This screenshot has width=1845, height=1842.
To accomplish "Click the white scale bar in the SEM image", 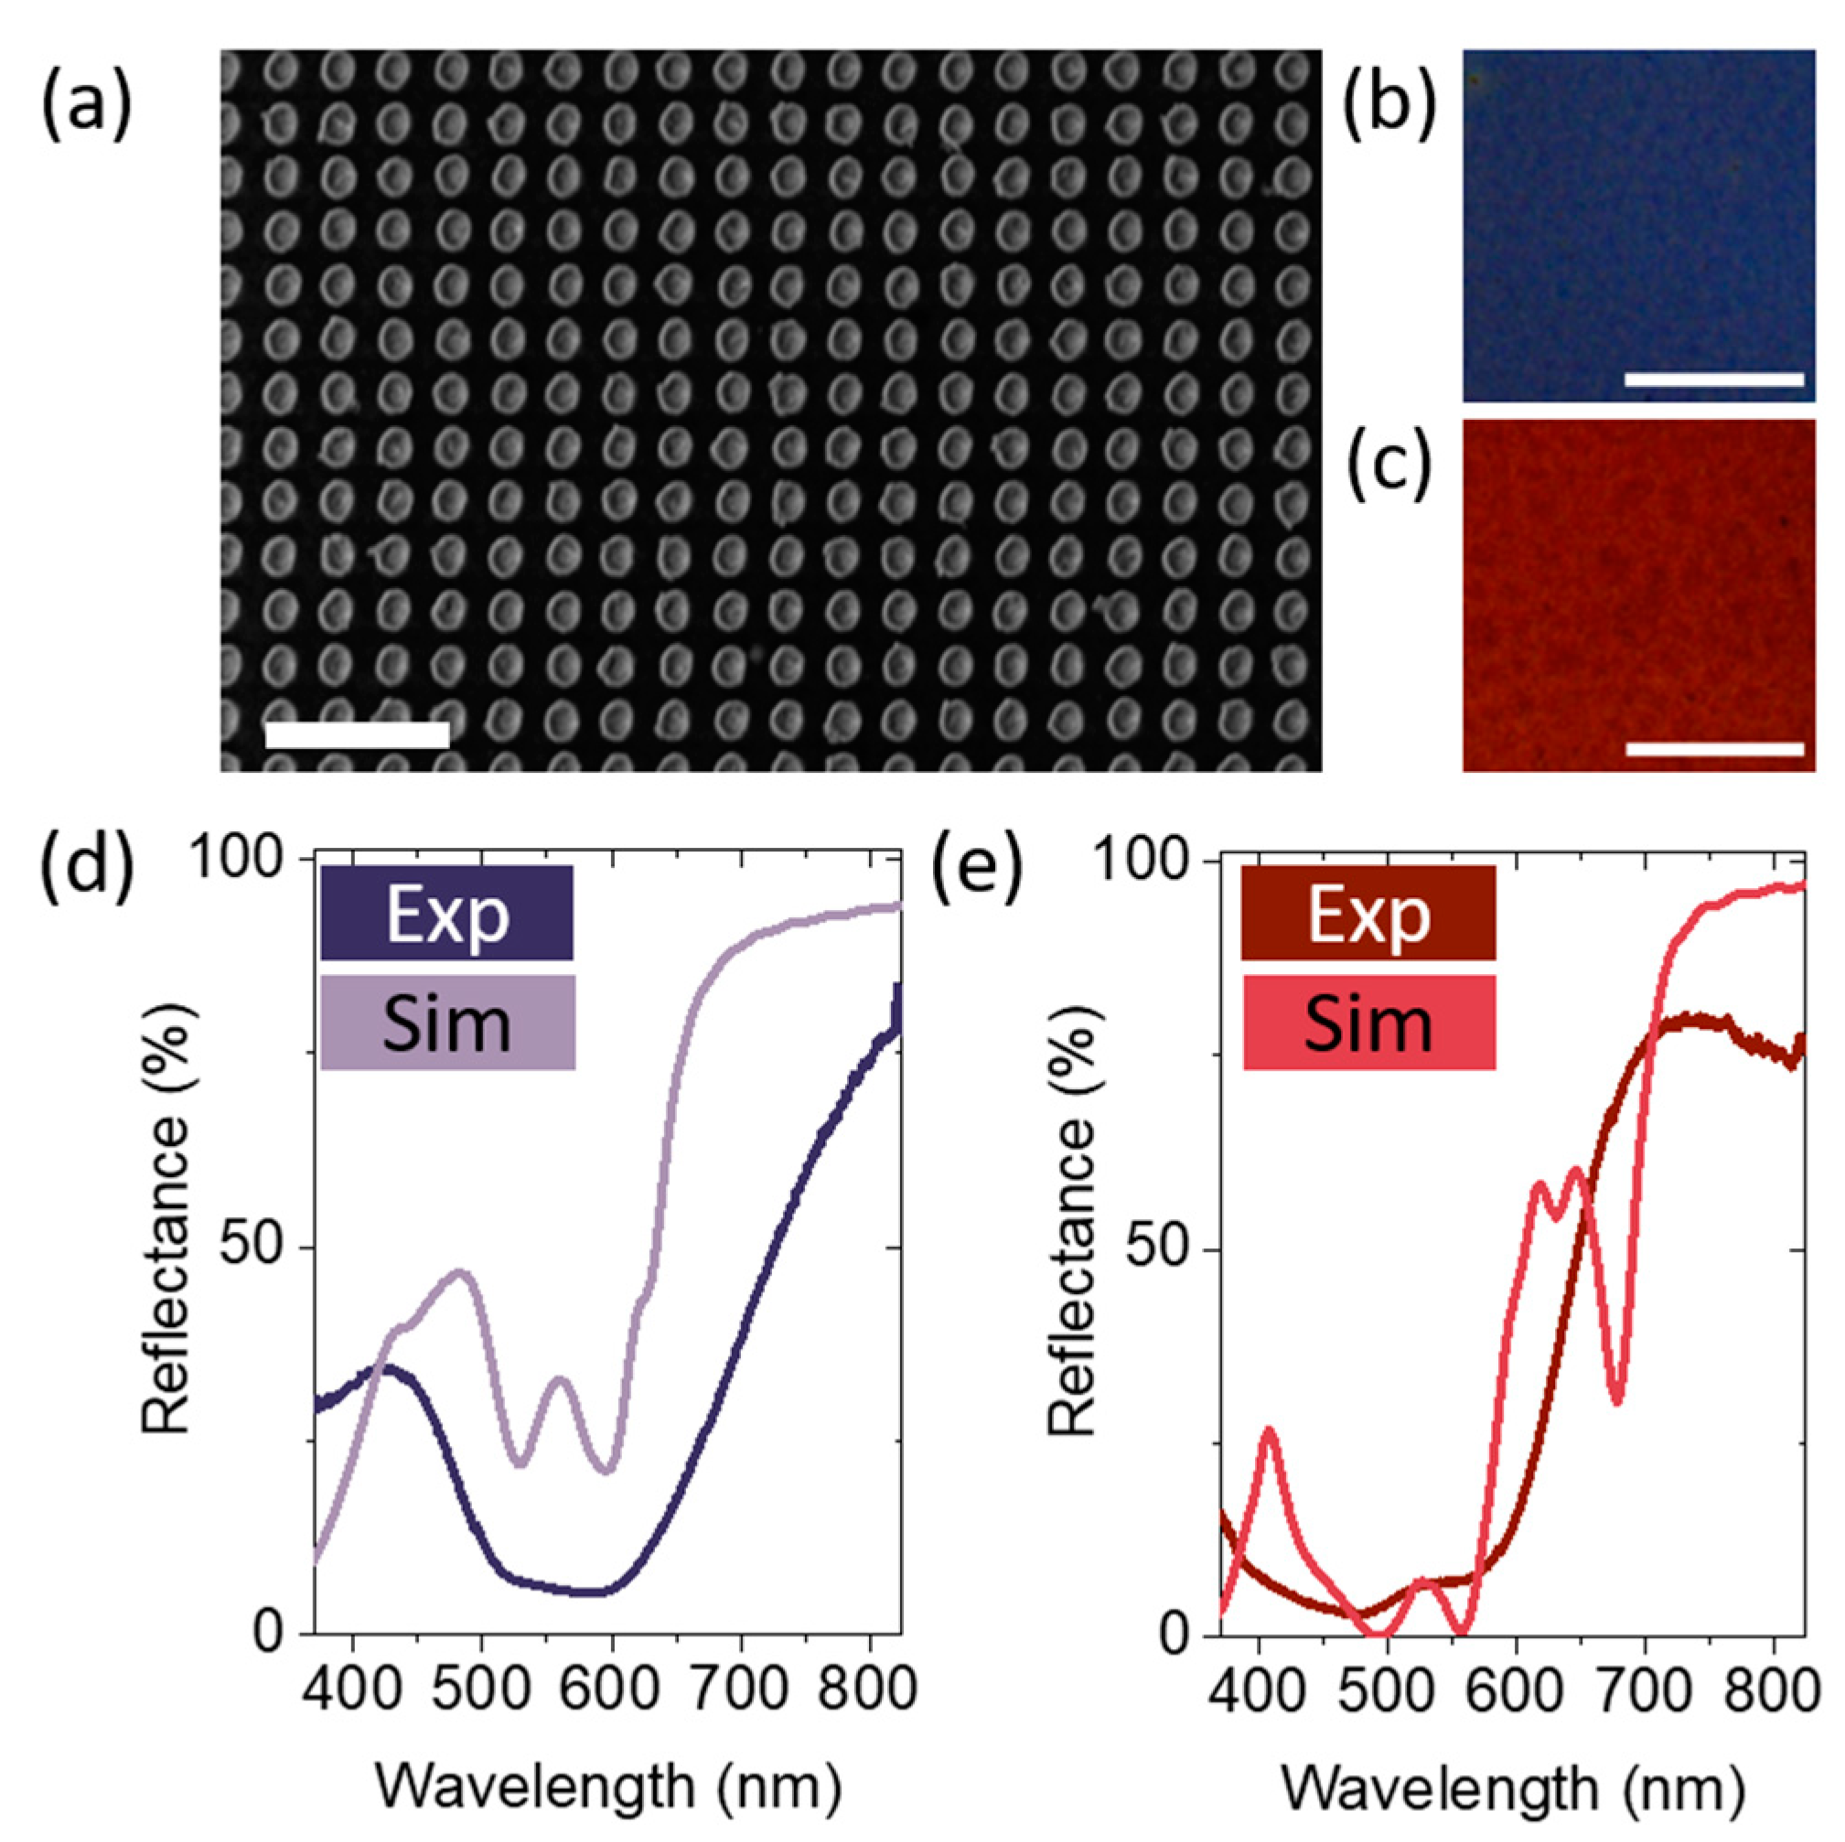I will coord(356,734).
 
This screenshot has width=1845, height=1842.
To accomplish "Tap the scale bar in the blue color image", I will coord(1713,379).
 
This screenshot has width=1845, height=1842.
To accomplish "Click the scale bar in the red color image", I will coord(1713,749).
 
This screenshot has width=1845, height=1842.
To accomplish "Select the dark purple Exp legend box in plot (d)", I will coord(446,912).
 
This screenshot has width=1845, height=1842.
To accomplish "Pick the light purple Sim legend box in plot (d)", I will coord(446,1022).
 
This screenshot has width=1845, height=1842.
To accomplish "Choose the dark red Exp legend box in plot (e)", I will coord(1368,912).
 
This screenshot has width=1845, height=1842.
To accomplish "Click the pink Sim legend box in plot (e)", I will coord(1368,1022).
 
